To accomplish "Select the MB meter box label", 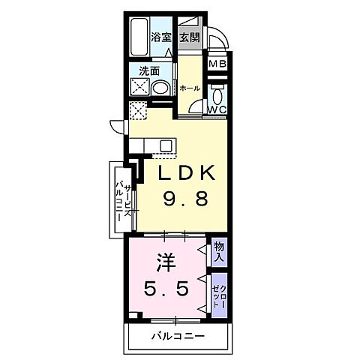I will coord(217,64).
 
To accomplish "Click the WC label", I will coord(217,109).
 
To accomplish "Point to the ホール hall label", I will coord(190,88).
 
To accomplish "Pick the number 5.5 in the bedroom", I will coord(166,287).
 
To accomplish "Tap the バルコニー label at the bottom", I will coord(176,334).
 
